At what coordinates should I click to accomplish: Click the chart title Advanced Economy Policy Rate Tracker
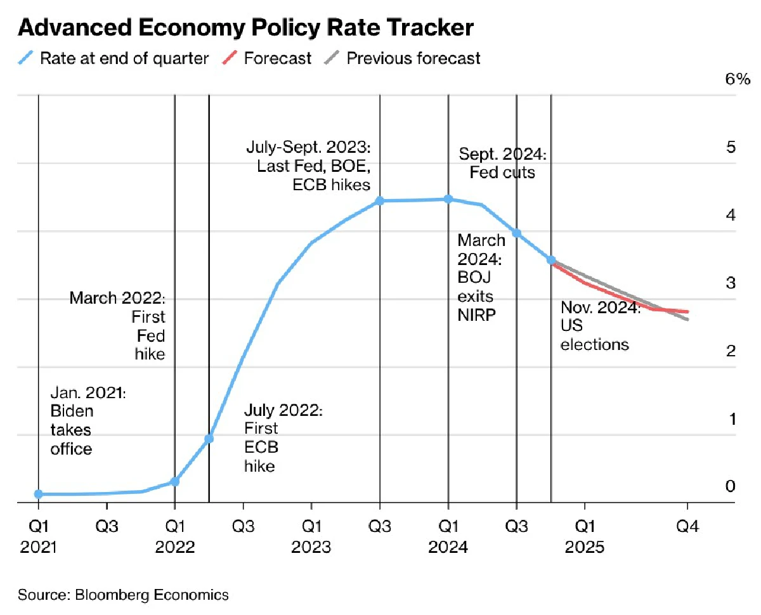click(246, 29)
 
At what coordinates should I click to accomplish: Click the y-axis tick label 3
click(731, 283)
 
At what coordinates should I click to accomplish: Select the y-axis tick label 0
click(731, 486)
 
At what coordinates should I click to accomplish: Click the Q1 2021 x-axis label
click(39, 536)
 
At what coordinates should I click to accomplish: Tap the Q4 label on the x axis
click(687, 527)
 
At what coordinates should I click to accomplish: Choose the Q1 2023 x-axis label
click(311, 536)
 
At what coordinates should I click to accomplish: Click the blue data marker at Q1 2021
click(39, 494)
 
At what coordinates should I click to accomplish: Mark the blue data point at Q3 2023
click(380, 201)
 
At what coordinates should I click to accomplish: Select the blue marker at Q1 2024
click(448, 199)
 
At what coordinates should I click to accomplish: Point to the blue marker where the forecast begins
click(551, 260)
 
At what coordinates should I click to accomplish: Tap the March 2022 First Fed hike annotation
click(117, 325)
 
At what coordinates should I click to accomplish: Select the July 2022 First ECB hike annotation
click(283, 438)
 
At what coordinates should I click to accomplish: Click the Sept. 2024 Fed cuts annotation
click(502, 163)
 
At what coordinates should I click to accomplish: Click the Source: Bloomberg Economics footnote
click(123, 595)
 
